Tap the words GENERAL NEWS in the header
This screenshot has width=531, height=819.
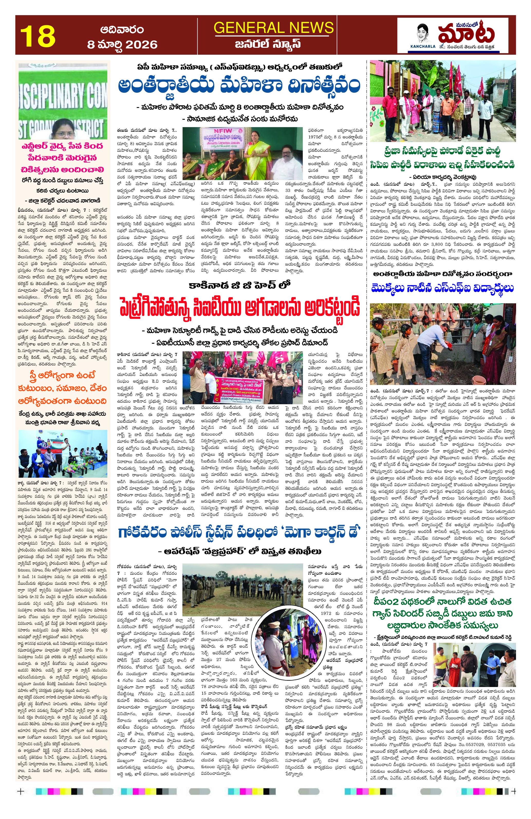[x=273, y=27]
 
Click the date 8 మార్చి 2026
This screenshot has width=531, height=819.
[x=122, y=44]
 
